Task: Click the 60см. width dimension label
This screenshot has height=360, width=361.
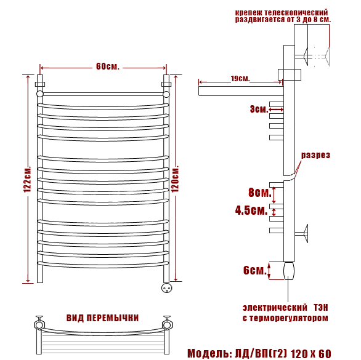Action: coord(108,66)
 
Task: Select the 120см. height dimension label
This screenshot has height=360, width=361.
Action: coord(175,178)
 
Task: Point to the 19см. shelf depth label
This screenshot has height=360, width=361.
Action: coord(240,78)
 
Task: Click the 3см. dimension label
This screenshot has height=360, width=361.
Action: coord(259,109)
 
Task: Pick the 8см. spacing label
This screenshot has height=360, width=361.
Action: coord(260,192)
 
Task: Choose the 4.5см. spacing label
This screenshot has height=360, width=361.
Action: coord(251,210)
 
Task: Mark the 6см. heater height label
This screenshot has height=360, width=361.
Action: coord(255,270)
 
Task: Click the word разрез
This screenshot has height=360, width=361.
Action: coord(315,155)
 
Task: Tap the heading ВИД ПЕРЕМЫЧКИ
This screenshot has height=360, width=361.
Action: coord(103,318)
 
